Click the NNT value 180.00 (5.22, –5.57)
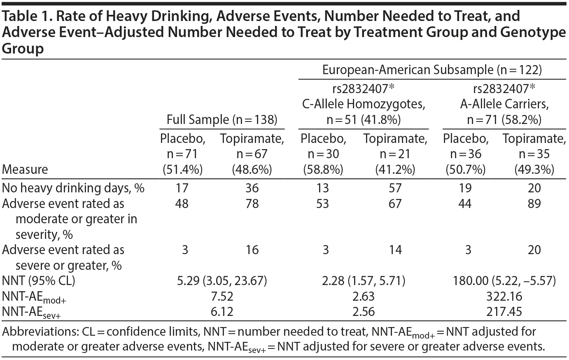[504, 281]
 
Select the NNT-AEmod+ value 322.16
[504, 296]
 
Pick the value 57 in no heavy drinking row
[394, 188]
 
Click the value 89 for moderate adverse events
[534, 203]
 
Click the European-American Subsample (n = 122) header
[432, 70]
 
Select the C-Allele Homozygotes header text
[364, 104]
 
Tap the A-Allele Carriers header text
[504, 104]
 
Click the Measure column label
[25, 169]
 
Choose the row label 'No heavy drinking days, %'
[73, 188]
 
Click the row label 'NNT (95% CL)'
[40, 281]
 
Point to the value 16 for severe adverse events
[252, 250]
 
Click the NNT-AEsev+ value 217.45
[504, 311]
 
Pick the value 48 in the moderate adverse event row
[182, 203]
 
